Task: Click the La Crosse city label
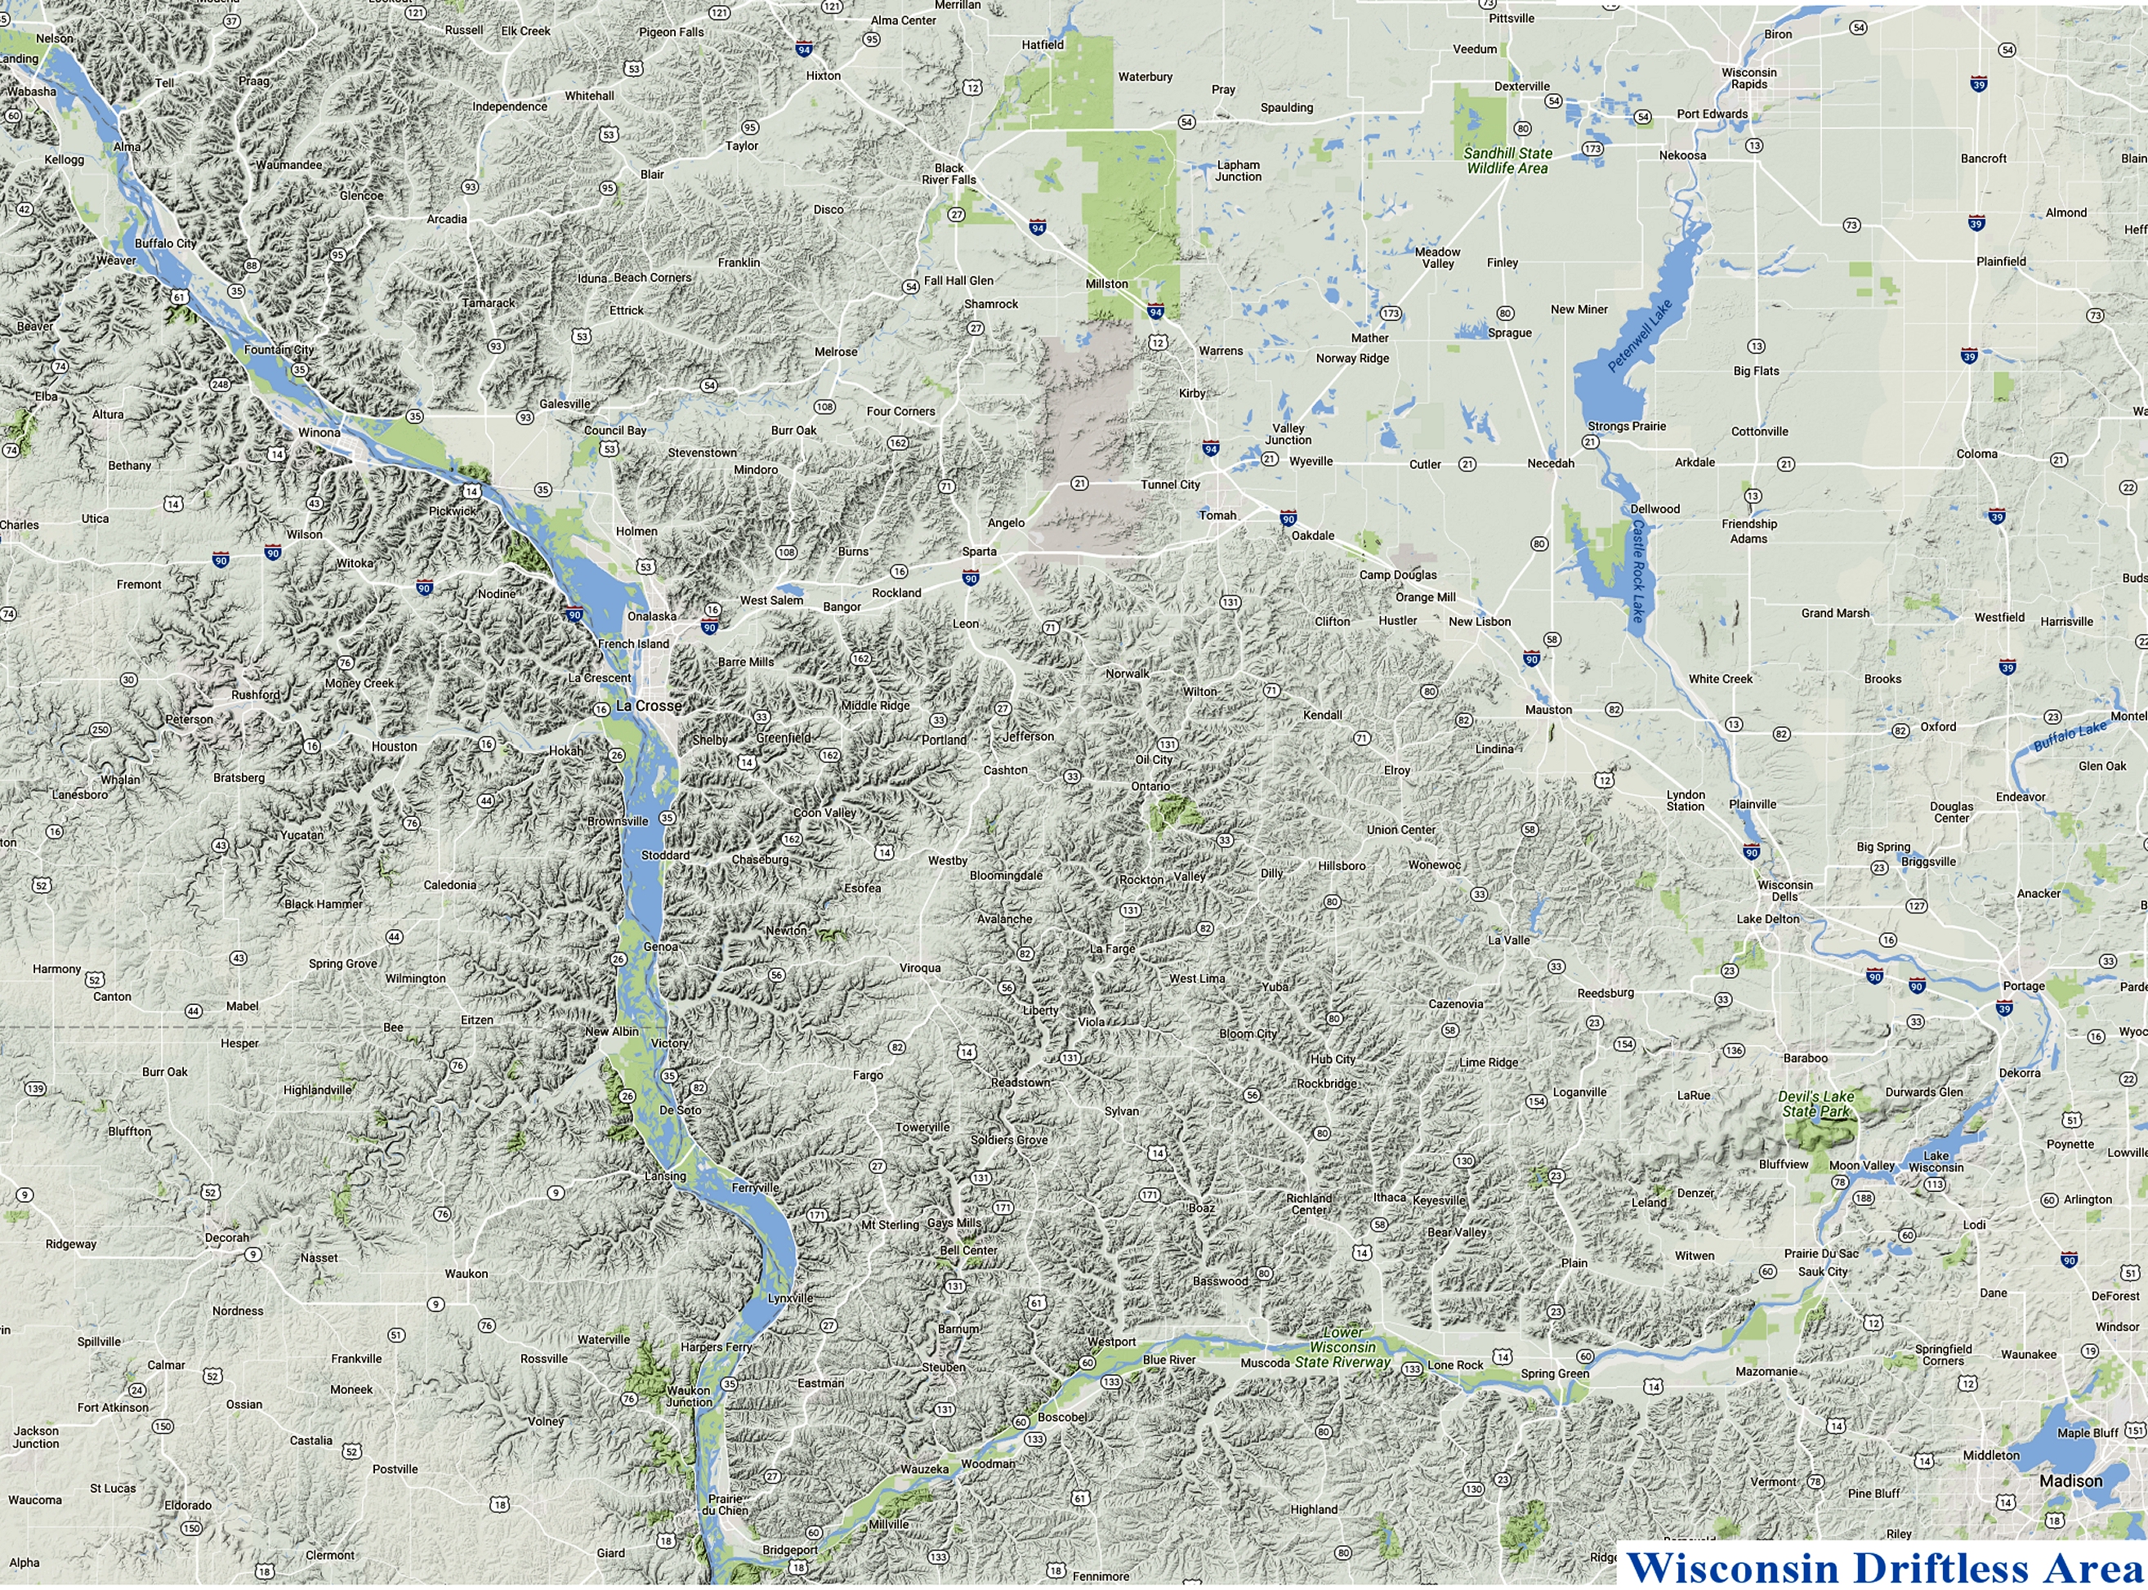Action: click(x=648, y=705)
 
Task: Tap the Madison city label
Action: click(x=2070, y=1481)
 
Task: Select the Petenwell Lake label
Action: click(x=1640, y=336)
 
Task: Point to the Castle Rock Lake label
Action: click(x=1638, y=569)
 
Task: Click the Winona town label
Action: click(x=319, y=432)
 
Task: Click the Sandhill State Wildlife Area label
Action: click(x=1507, y=161)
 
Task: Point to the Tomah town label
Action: click(x=1217, y=515)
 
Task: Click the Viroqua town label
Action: click(x=920, y=967)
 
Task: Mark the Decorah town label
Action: click(x=227, y=1238)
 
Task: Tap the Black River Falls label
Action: click(x=948, y=173)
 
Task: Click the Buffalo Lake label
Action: click(x=2069, y=736)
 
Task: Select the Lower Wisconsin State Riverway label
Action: click(x=1342, y=1347)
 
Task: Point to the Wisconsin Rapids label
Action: click(x=1748, y=78)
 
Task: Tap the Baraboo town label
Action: click(x=1805, y=1058)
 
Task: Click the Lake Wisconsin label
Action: click(x=1936, y=1162)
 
